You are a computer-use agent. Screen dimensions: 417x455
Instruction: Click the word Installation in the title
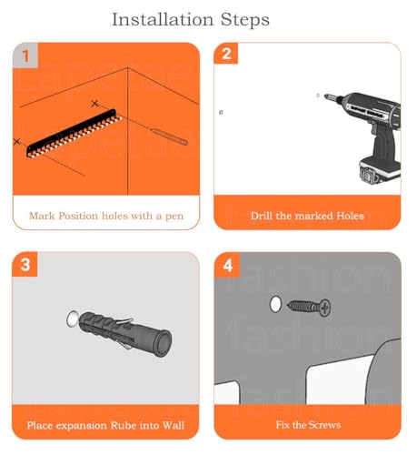pyautogui.click(x=163, y=20)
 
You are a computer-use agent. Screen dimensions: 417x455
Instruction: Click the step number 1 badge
pyautogui.click(x=25, y=56)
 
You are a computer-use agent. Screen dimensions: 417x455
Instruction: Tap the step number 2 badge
pyautogui.click(x=226, y=54)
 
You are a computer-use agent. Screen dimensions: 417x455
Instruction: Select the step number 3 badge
pyautogui.click(x=25, y=264)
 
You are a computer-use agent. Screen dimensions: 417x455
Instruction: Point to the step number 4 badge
pyautogui.click(x=227, y=265)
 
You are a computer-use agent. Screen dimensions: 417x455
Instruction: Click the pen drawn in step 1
pyautogui.click(x=169, y=136)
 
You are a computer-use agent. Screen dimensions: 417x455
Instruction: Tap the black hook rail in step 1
pyautogui.click(x=74, y=133)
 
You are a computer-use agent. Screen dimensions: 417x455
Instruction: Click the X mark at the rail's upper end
pyautogui.click(x=94, y=104)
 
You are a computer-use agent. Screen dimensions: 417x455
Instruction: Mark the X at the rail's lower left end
pyautogui.click(x=17, y=141)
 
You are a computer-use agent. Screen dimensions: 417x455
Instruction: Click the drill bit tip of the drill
pyautogui.click(x=325, y=96)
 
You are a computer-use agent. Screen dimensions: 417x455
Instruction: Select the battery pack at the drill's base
pyautogui.click(x=380, y=171)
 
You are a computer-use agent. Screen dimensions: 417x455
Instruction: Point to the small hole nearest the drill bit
pyautogui.click(x=318, y=96)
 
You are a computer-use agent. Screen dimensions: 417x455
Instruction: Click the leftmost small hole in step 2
pyautogui.click(x=221, y=113)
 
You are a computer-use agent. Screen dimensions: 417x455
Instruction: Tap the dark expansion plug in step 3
pyautogui.click(x=125, y=333)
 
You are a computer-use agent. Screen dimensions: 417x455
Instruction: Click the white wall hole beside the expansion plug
pyautogui.click(x=72, y=318)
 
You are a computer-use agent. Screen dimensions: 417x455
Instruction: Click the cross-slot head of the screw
pyautogui.click(x=324, y=308)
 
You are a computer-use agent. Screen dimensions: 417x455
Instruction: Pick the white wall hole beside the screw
pyautogui.click(x=275, y=304)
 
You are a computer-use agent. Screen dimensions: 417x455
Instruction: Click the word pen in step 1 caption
pyautogui.click(x=174, y=217)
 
